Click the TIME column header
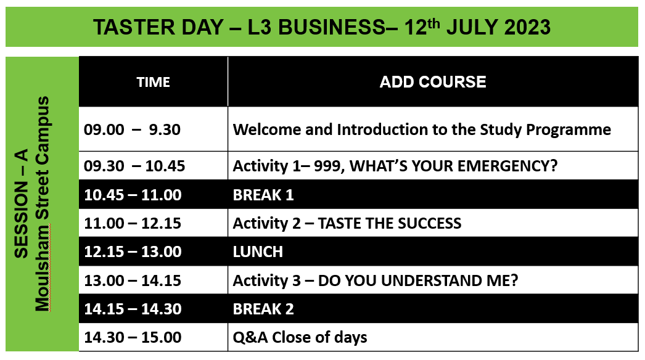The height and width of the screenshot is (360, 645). click(x=153, y=82)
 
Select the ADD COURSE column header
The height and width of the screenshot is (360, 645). click(x=433, y=82)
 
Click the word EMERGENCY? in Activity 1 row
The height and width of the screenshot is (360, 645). click(x=507, y=166)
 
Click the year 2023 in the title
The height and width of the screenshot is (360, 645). click(x=527, y=27)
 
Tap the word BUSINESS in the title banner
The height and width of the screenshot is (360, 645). click(x=332, y=27)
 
